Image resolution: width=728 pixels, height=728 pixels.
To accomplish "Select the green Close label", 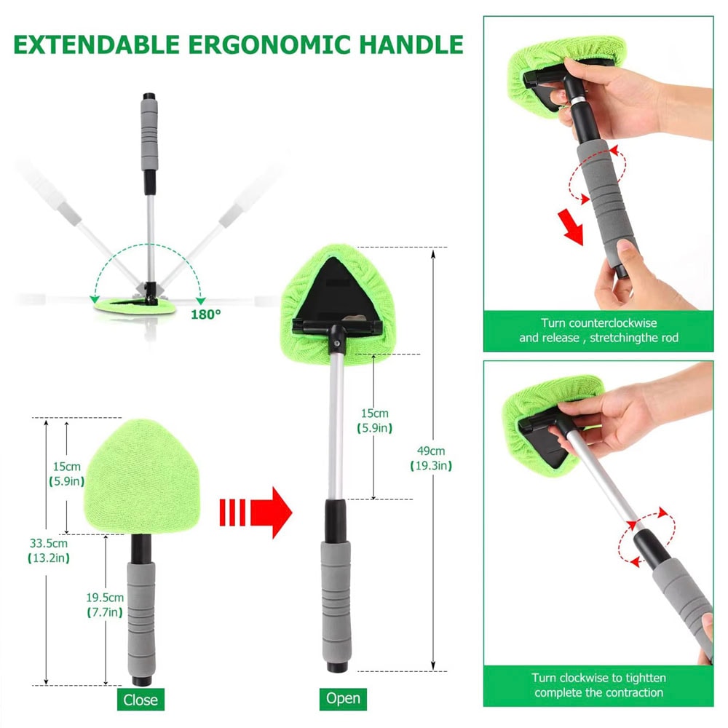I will tap(140, 700).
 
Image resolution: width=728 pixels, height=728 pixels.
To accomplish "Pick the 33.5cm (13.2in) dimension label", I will tap(50, 550).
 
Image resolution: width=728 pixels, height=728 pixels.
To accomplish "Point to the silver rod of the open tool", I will tap(336, 422).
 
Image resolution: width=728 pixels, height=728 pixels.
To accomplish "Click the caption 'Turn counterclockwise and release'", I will tap(598, 330).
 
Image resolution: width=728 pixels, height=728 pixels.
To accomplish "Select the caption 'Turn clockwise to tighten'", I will tap(598, 685).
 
